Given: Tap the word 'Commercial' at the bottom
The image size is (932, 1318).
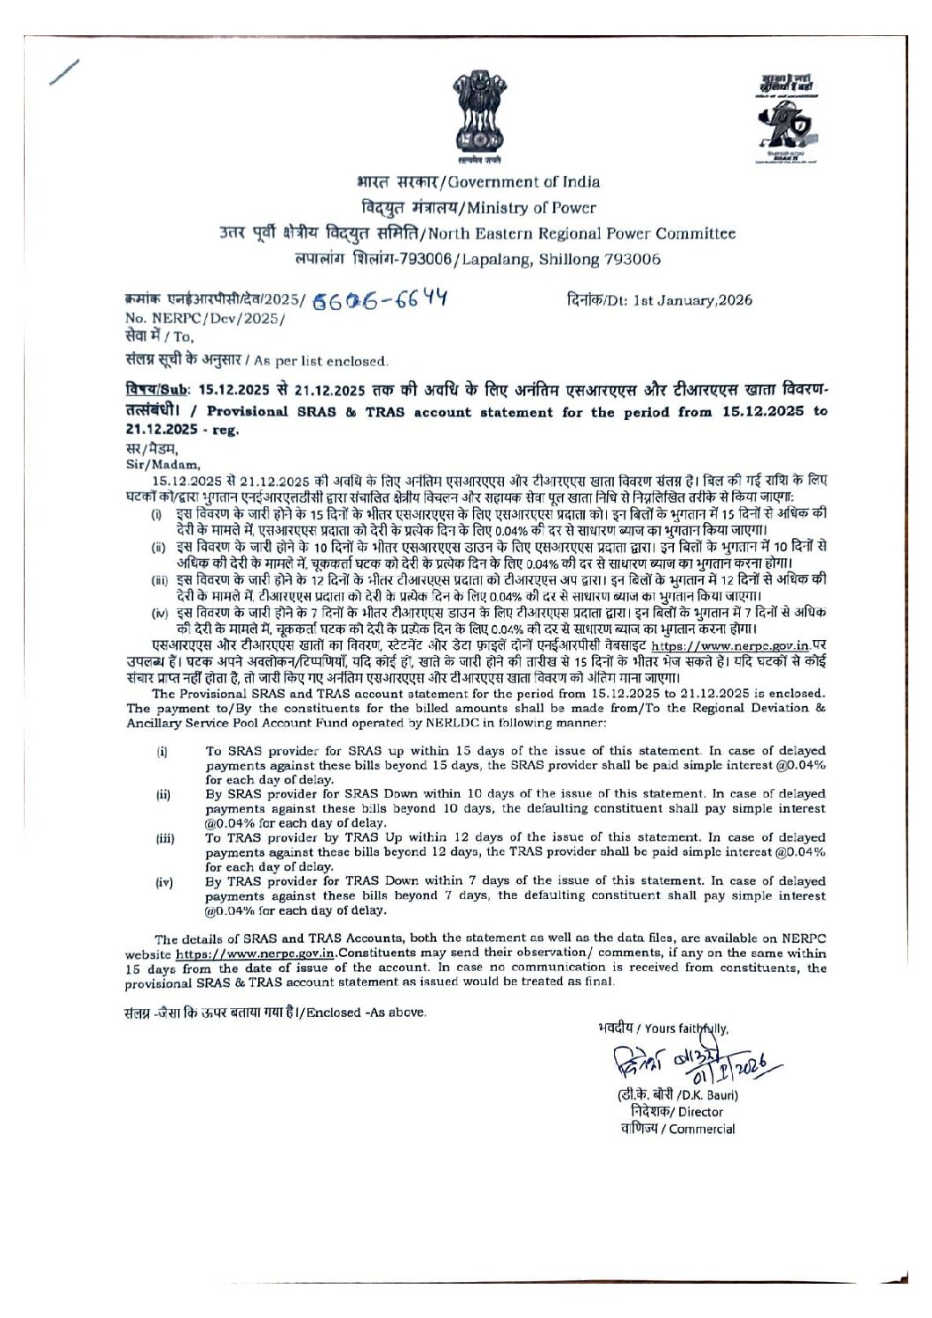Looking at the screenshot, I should click(702, 1130).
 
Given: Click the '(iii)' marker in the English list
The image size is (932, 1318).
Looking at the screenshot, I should click(165, 839).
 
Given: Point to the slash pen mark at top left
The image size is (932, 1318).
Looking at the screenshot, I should click(64, 72).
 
